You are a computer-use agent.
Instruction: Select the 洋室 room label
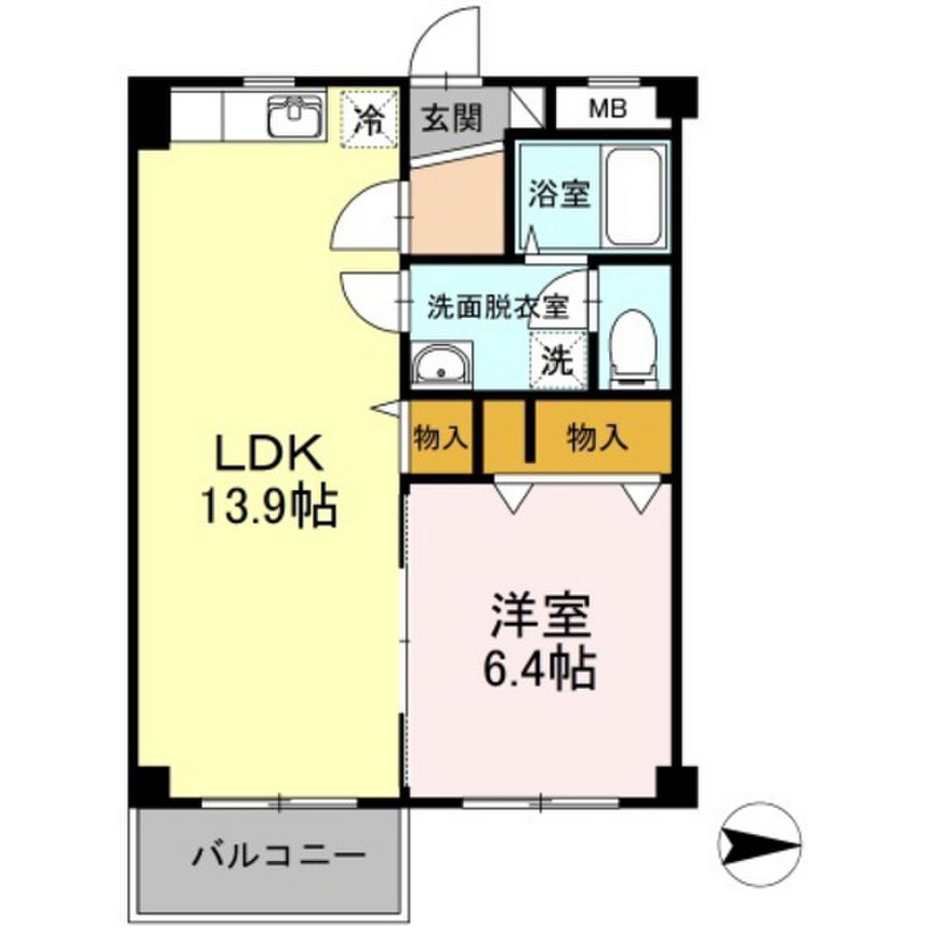coord(541,619)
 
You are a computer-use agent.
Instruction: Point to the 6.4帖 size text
coord(541,669)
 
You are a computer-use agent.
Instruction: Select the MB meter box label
coord(607,110)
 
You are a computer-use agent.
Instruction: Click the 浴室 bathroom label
coord(559,195)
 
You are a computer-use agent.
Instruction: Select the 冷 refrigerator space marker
coord(368,117)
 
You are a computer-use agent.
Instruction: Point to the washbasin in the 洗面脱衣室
coord(441,367)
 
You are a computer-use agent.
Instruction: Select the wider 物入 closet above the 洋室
coord(597,439)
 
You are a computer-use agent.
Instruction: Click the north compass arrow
coord(760,846)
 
